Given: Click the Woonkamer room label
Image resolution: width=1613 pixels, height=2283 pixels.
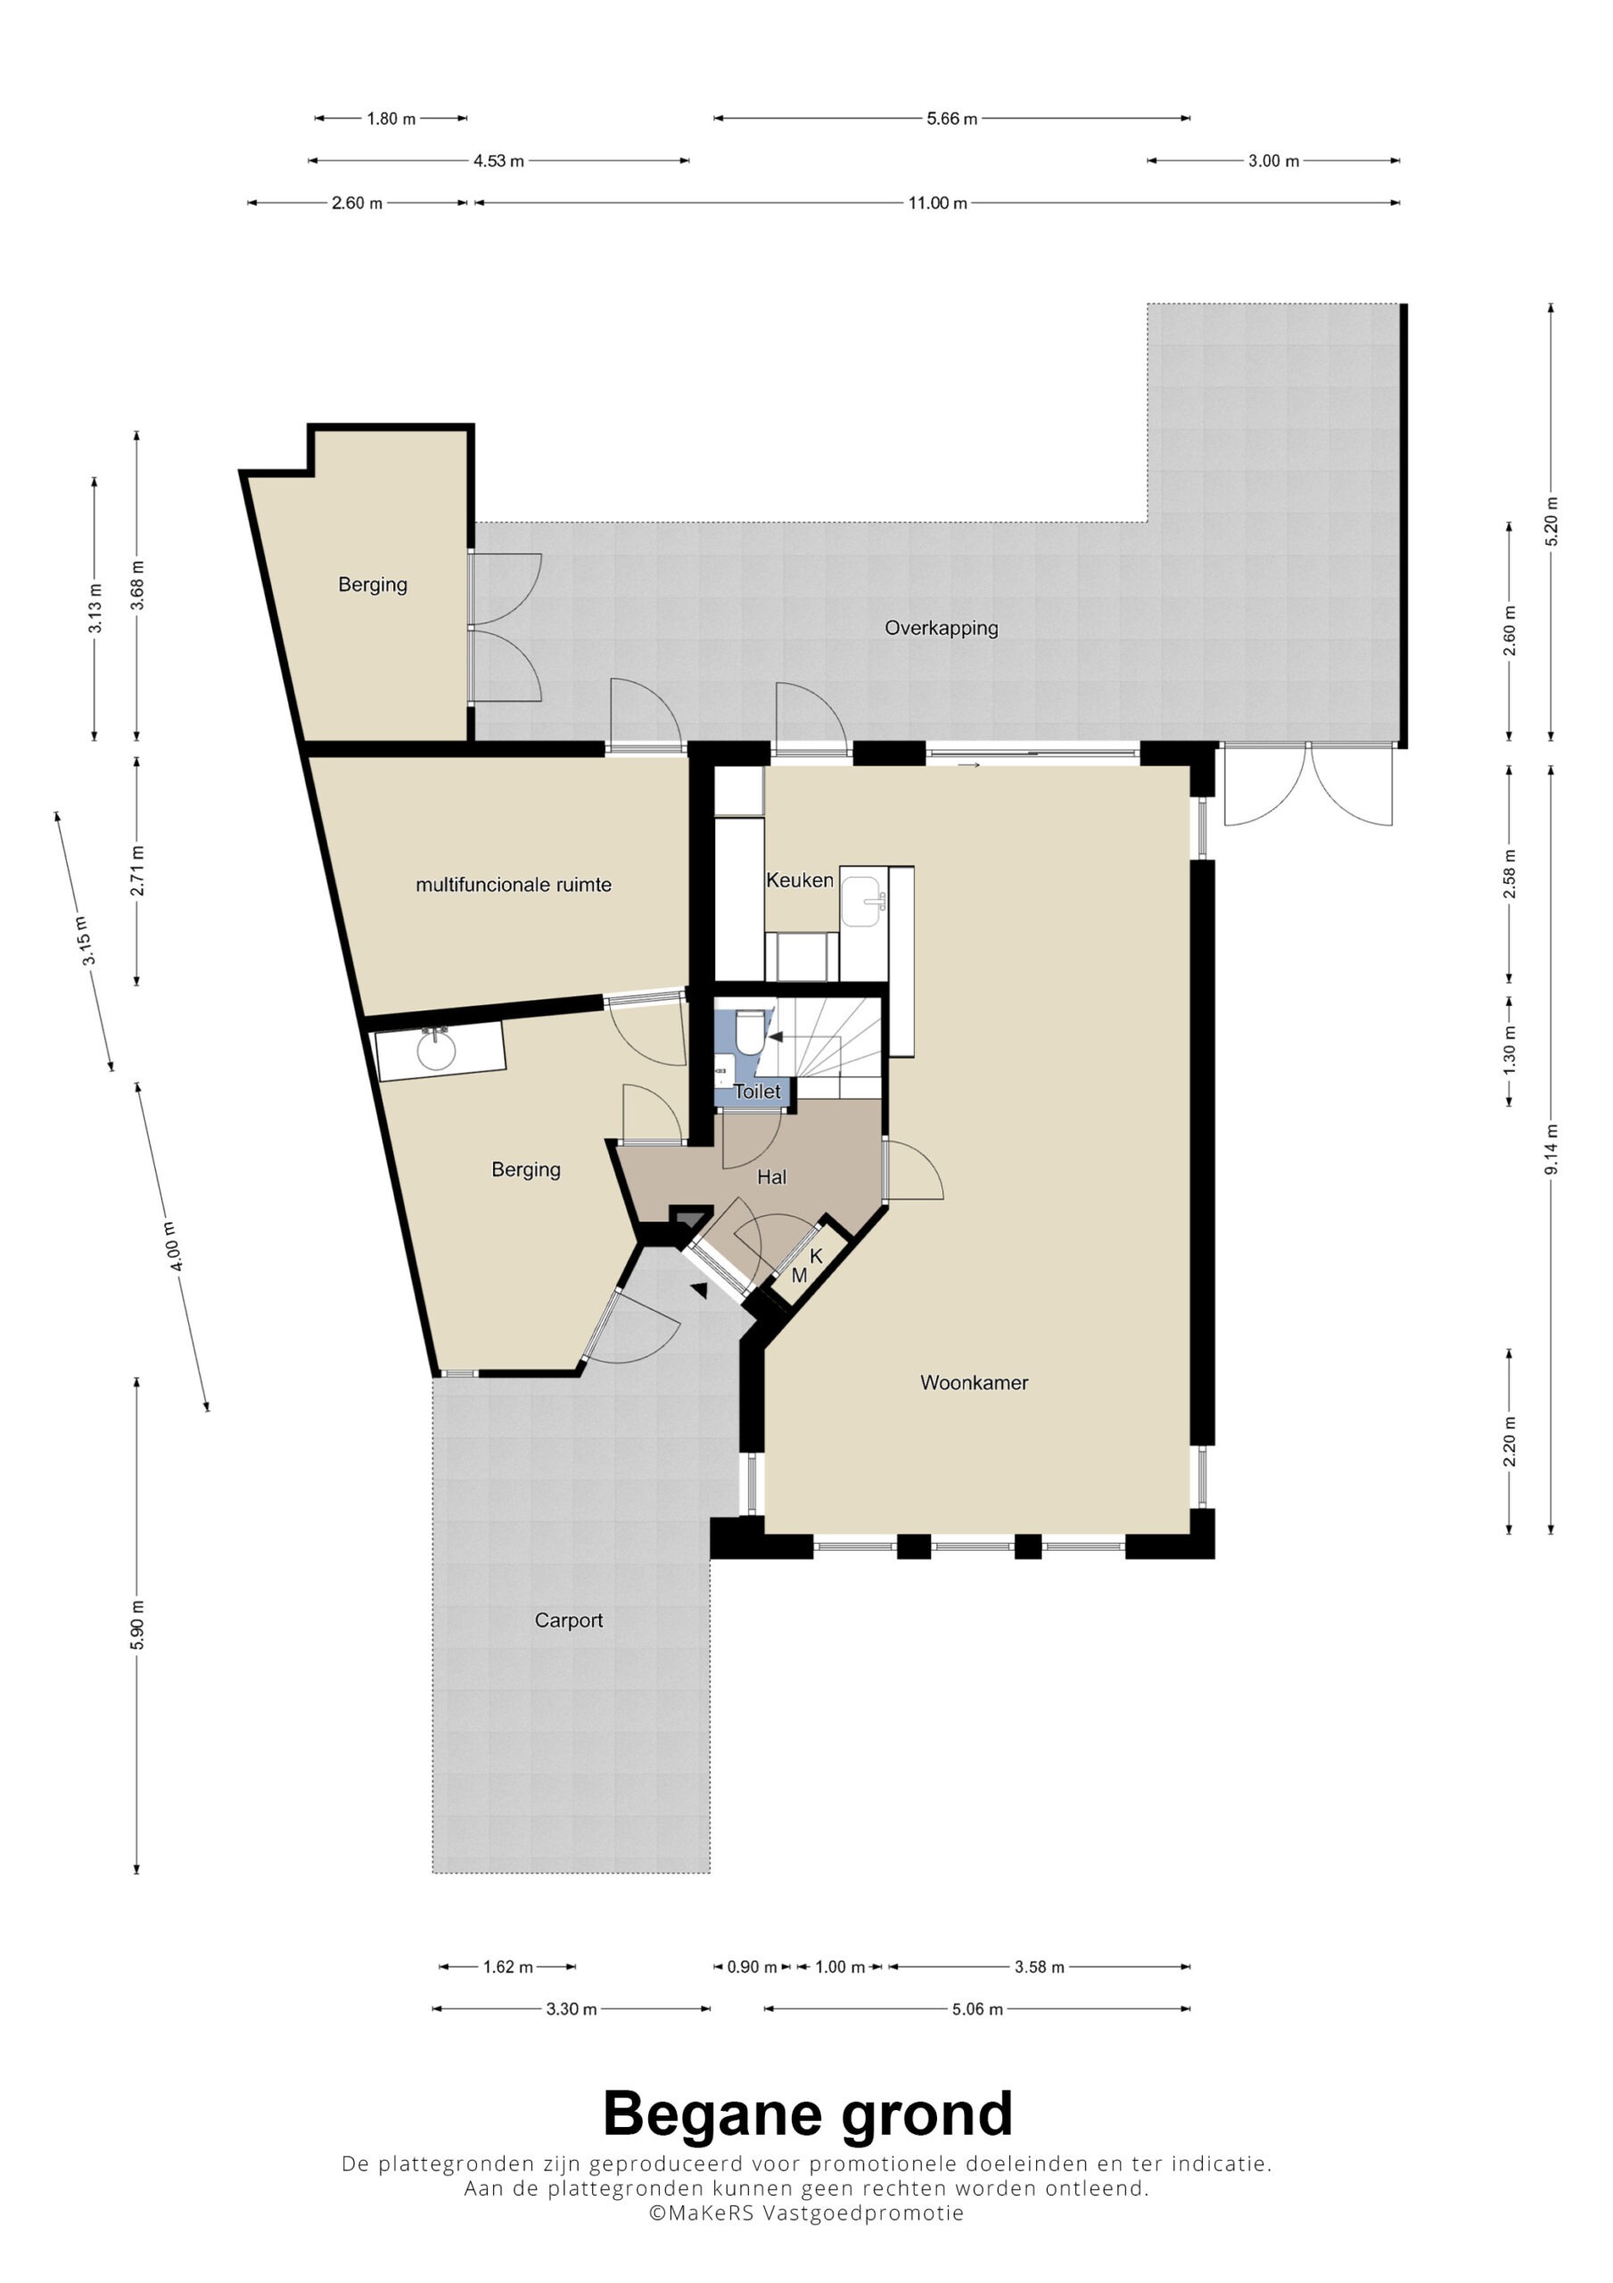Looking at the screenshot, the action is pyautogui.click(x=974, y=1383).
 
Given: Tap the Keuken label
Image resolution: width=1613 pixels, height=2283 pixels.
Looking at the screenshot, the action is pyautogui.click(x=800, y=880).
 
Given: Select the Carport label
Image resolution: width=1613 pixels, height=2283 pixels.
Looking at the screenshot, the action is pyautogui.click(x=569, y=1620).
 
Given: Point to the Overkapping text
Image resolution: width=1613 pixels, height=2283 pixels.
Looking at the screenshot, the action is pyautogui.click(x=942, y=629).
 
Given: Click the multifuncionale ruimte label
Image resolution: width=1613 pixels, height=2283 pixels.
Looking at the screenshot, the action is pyautogui.click(x=513, y=885).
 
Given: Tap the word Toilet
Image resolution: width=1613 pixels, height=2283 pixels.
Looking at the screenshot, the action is pyautogui.click(x=758, y=1092).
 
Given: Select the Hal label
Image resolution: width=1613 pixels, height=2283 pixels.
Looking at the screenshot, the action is pyautogui.click(x=771, y=1177).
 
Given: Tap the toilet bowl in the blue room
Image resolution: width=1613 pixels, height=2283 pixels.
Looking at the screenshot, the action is pyautogui.click(x=751, y=1032).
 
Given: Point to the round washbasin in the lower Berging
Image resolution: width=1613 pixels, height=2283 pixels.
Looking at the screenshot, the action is pyautogui.click(x=435, y=1050).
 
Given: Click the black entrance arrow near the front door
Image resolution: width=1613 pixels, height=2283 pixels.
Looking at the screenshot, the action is pyautogui.click(x=699, y=1290).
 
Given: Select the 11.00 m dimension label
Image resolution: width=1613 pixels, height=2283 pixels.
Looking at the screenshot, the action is pyautogui.click(x=937, y=202).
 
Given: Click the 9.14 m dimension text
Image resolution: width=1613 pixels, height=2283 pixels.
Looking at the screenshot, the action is pyautogui.click(x=1551, y=1150).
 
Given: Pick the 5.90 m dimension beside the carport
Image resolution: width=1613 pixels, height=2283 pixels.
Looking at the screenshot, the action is pyautogui.click(x=137, y=1626).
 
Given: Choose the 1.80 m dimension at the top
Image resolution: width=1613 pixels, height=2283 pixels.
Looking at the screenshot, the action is pyautogui.click(x=391, y=119).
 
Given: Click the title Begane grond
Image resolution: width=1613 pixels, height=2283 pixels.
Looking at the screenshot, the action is pyautogui.click(x=808, y=2115).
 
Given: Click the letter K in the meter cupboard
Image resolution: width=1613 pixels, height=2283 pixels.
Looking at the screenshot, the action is pyautogui.click(x=817, y=1257).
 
